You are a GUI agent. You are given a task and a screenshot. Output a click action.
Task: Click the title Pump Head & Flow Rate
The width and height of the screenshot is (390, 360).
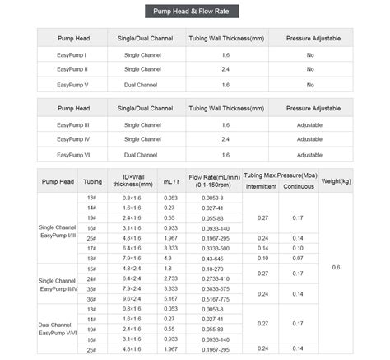(195, 11)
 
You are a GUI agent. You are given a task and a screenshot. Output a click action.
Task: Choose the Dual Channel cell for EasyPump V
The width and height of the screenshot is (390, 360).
(141, 83)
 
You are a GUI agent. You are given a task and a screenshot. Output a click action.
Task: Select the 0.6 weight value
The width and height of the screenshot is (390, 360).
(336, 268)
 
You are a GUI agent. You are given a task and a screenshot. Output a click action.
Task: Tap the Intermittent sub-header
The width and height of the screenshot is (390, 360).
(261, 187)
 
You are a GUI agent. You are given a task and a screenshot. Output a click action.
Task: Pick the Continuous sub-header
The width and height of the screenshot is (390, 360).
(298, 187)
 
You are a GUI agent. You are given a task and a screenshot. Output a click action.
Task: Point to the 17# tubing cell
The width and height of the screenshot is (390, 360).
(91, 247)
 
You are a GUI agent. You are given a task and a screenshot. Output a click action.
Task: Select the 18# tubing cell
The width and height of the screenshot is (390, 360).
(91, 258)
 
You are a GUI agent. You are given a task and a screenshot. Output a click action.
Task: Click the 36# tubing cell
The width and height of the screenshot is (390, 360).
(91, 298)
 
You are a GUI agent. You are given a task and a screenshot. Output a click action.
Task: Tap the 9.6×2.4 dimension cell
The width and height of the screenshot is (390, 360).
(132, 298)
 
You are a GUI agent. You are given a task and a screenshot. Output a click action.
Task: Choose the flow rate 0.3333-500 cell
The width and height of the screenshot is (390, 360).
(216, 247)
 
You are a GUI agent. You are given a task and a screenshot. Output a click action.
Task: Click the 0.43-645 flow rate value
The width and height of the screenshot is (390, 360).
(216, 258)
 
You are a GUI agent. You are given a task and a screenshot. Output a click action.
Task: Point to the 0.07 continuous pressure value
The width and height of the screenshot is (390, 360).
(298, 258)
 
